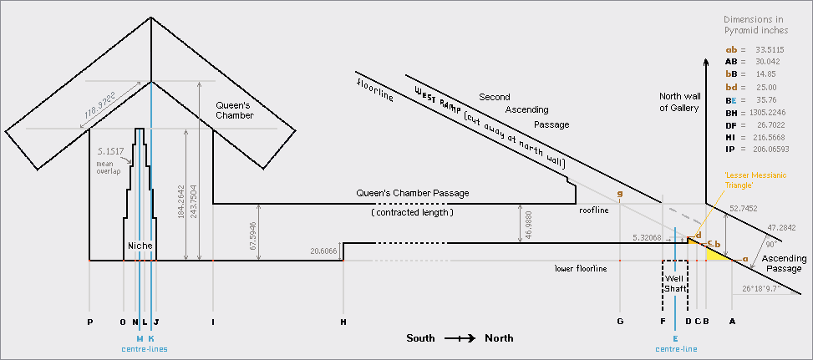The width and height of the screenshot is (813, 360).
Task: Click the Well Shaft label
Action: (674, 282)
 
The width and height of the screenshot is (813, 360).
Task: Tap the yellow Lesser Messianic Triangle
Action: (717, 253)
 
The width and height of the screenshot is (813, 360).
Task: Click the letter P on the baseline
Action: (89, 321)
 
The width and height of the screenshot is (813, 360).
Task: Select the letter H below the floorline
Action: (343, 321)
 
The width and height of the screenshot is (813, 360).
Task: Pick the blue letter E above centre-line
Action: (675, 339)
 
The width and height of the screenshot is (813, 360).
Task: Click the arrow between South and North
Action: (460, 338)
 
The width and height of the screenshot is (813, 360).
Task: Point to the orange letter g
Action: (620, 194)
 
